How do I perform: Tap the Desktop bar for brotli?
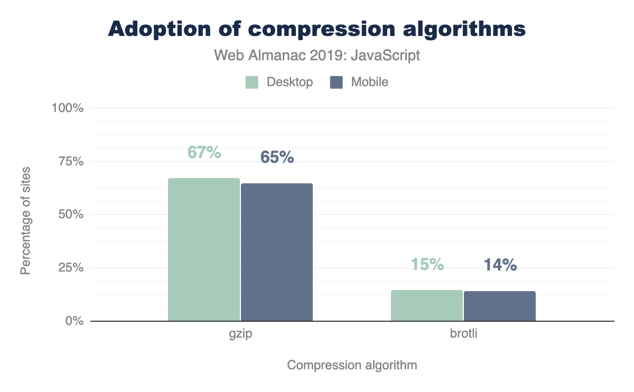tap(427, 305)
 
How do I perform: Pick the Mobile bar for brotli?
tap(500, 306)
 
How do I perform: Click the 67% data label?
tap(204, 152)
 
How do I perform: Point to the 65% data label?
tap(277, 157)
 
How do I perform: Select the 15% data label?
tap(427, 264)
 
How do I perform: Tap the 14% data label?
tap(500, 265)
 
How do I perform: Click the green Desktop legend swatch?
tap(251, 82)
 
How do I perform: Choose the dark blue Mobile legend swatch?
tap(337, 82)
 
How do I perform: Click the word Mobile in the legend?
tap(369, 82)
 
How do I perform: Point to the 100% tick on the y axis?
tap(67, 108)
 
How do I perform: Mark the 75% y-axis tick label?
tap(70, 161)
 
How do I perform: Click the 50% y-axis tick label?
tap(70, 214)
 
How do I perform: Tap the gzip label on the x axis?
tap(240, 335)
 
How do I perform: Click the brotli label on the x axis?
tap(463, 335)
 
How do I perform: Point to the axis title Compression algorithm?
tap(352, 365)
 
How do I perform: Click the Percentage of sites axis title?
tap(25, 220)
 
